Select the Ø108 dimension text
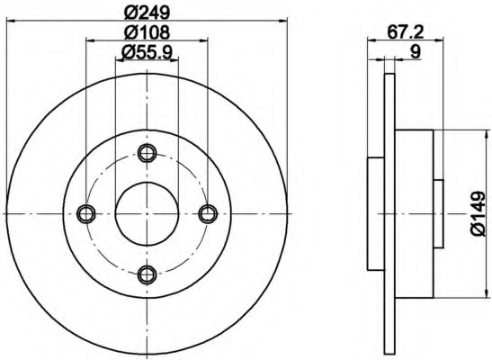coord(148,33)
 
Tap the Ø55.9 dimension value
coord(148,53)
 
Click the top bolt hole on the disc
coord(148,152)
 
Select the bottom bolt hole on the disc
coord(148,274)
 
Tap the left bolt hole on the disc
coord(86,213)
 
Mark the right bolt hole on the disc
coord(209,213)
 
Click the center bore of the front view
coord(148,213)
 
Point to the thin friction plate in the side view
coord(389,213)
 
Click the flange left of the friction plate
coord(376,213)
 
